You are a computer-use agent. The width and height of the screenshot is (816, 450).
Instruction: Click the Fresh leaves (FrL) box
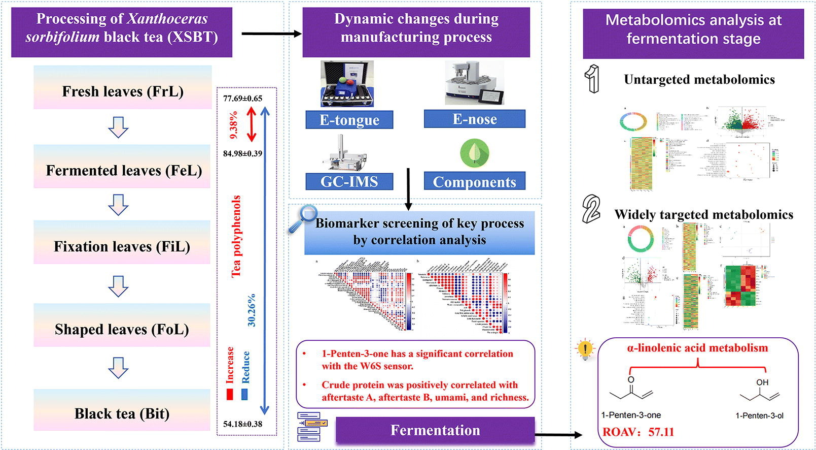pyautogui.click(x=123, y=91)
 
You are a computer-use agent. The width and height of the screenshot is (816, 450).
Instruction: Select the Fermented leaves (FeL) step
pyautogui.click(x=123, y=170)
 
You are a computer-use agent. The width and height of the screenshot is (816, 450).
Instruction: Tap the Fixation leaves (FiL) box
pyautogui.click(x=122, y=246)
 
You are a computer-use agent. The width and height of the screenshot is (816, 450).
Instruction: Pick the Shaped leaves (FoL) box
pyautogui.click(x=122, y=329)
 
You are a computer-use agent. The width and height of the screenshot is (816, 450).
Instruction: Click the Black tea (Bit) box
pyautogui.click(x=122, y=413)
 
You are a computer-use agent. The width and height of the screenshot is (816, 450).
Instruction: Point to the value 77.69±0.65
pyautogui.click(x=243, y=98)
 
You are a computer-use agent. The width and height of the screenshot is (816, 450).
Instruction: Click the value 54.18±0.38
pyautogui.click(x=243, y=424)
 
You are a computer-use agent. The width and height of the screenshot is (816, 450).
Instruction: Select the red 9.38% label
pyautogui.click(x=234, y=125)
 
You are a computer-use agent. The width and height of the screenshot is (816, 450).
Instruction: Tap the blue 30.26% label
pyautogui.click(x=252, y=310)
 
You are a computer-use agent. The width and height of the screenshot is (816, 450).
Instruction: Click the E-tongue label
pyautogui.click(x=349, y=120)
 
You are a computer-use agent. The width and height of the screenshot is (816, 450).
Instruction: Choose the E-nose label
pyautogui.click(x=474, y=119)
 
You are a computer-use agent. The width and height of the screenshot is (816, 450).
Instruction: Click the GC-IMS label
pyautogui.click(x=349, y=181)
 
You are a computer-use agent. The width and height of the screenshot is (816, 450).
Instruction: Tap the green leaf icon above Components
pyautogui.click(x=474, y=153)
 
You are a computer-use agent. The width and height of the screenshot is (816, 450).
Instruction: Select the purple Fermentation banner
pyautogui.click(x=435, y=430)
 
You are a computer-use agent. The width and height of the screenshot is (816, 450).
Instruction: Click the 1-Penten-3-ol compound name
pyautogui.click(x=759, y=415)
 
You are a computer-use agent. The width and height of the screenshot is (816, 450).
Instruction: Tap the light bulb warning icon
pyautogui.click(x=585, y=350)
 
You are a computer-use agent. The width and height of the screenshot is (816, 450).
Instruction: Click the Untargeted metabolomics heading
pyautogui.click(x=699, y=80)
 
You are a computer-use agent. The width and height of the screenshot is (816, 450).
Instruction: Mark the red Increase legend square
pyautogui.click(x=230, y=394)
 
